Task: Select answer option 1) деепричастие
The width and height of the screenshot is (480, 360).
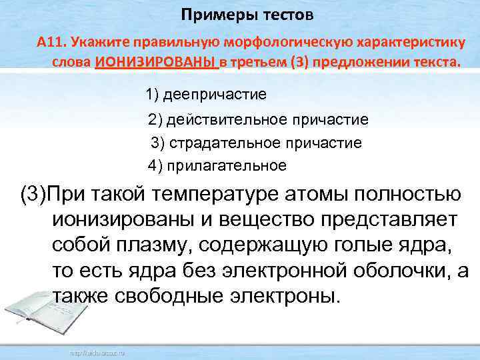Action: tap(206, 94)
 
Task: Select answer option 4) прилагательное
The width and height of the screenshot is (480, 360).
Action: tap(217, 165)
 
